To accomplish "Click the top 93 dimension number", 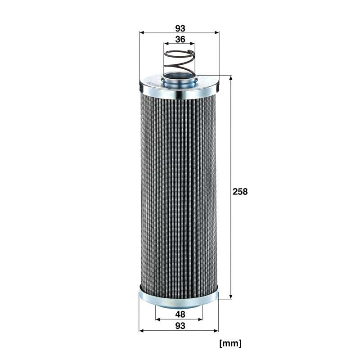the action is (180, 28).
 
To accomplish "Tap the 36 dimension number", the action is (180, 40).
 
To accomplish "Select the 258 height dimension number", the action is (240, 192).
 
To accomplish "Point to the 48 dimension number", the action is (180, 315).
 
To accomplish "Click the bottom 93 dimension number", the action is (180, 325).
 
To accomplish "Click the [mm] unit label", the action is (230, 343).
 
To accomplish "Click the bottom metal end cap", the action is (179, 300).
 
